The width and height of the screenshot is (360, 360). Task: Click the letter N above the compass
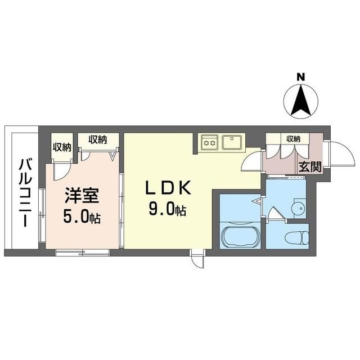tap(300, 77)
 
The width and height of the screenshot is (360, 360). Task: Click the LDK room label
tap(168, 187)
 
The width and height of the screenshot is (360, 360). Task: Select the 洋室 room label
tap(82, 195)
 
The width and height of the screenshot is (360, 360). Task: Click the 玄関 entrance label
tap(310, 167)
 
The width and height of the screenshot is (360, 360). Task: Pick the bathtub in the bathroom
tap(240, 236)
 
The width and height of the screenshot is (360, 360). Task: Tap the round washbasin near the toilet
tap(299, 209)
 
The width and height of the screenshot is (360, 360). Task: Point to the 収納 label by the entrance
tap(293, 139)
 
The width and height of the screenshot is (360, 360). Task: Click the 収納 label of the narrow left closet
tap(62, 147)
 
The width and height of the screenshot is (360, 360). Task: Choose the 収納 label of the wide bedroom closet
tap(98, 139)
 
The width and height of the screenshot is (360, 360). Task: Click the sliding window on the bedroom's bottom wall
tap(82, 253)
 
